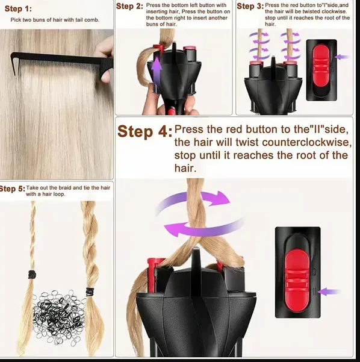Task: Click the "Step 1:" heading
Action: pyautogui.click(x=19, y=9)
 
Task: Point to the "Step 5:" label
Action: pyautogui.click(x=12, y=189)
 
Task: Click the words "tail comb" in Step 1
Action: pyautogui.click(x=85, y=20)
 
